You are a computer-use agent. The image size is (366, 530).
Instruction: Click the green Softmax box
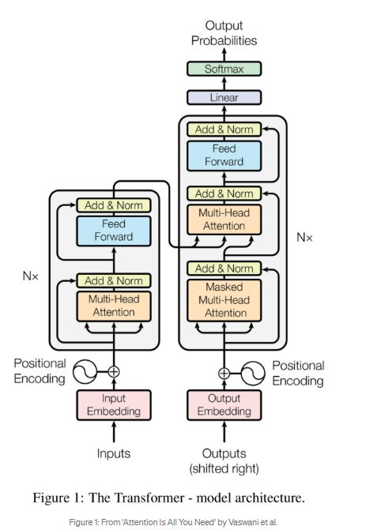click(x=224, y=69)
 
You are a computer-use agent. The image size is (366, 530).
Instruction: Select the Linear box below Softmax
click(x=224, y=98)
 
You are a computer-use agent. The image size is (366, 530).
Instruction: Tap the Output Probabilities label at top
click(x=225, y=32)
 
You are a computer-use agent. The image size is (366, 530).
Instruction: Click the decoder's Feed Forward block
click(x=224, y=156)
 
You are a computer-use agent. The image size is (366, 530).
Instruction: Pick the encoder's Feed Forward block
click(x=114, y=230)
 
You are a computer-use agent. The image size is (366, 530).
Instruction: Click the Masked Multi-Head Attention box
click(x=224, y=300)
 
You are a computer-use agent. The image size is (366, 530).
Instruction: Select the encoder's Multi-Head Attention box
click(x=114, y=306)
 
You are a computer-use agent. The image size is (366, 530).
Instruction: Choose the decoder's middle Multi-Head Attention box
click(x=224, y=220)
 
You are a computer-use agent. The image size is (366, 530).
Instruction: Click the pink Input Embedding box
click(x=114, y=404)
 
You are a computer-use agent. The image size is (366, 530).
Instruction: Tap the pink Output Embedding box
click(x=224, y=404)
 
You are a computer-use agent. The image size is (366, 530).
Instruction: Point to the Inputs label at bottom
click(x=114, y=453)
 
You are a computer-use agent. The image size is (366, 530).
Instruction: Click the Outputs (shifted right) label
click(x=224, y=460)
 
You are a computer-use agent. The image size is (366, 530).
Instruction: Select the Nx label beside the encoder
click(x=31, y=277)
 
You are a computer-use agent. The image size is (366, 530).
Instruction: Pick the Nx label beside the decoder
click(x=305, y=236)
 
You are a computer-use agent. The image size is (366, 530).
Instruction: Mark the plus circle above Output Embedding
click(x=224, y=372)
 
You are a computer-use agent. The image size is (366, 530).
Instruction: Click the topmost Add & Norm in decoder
click(x=224, y=129)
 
